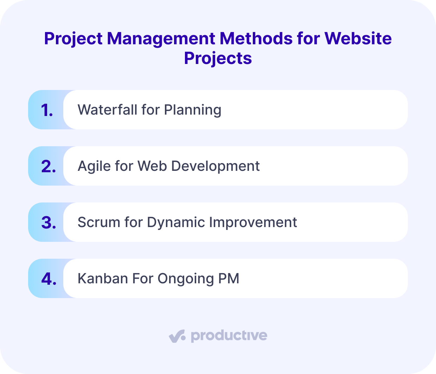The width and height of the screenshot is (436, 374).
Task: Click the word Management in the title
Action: point(161,38)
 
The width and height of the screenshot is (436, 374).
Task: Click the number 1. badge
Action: point(47,110)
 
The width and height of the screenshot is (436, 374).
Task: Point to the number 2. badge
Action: point(48,166)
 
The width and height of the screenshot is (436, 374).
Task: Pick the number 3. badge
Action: point(48,223)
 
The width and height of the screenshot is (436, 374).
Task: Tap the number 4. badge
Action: point(49,279)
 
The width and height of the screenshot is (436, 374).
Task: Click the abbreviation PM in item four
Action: point(229,279)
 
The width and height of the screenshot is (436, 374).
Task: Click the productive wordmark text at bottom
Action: point(229,336)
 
